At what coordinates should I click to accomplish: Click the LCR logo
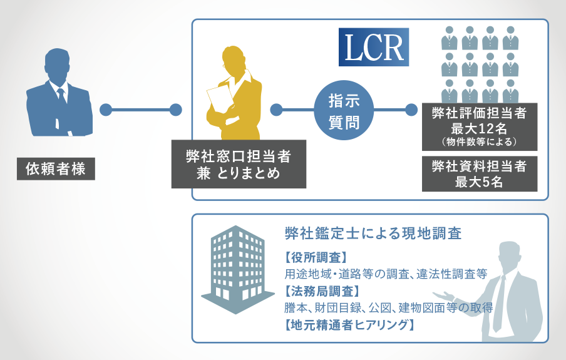[374, 47]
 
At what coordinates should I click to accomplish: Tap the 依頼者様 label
[56, 168]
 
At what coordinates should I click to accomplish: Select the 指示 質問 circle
[344, 110]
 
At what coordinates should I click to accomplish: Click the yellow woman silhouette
[234, 93]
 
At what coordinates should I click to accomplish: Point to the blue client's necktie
[62, 95]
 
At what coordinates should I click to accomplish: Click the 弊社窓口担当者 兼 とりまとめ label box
[239, 164]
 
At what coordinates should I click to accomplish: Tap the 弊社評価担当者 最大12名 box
[480, 126]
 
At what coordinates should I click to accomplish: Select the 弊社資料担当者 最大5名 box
[480, 173]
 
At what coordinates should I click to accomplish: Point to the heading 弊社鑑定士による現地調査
[373, 234]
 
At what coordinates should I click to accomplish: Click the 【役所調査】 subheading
[316, 258]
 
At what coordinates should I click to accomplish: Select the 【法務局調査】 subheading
[322, 291]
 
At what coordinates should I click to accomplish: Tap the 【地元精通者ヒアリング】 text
[349, 324]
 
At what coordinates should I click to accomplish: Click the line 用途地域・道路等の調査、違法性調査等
[386, 274]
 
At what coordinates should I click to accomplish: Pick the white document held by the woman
[220, 98]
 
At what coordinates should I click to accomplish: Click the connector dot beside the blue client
[106, 110]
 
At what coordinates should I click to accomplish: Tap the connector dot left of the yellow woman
[176, 110]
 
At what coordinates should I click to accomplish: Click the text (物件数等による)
[480, 141]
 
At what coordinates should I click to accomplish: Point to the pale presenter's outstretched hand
[443, 296]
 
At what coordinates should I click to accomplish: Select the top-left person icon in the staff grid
[450, 38]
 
